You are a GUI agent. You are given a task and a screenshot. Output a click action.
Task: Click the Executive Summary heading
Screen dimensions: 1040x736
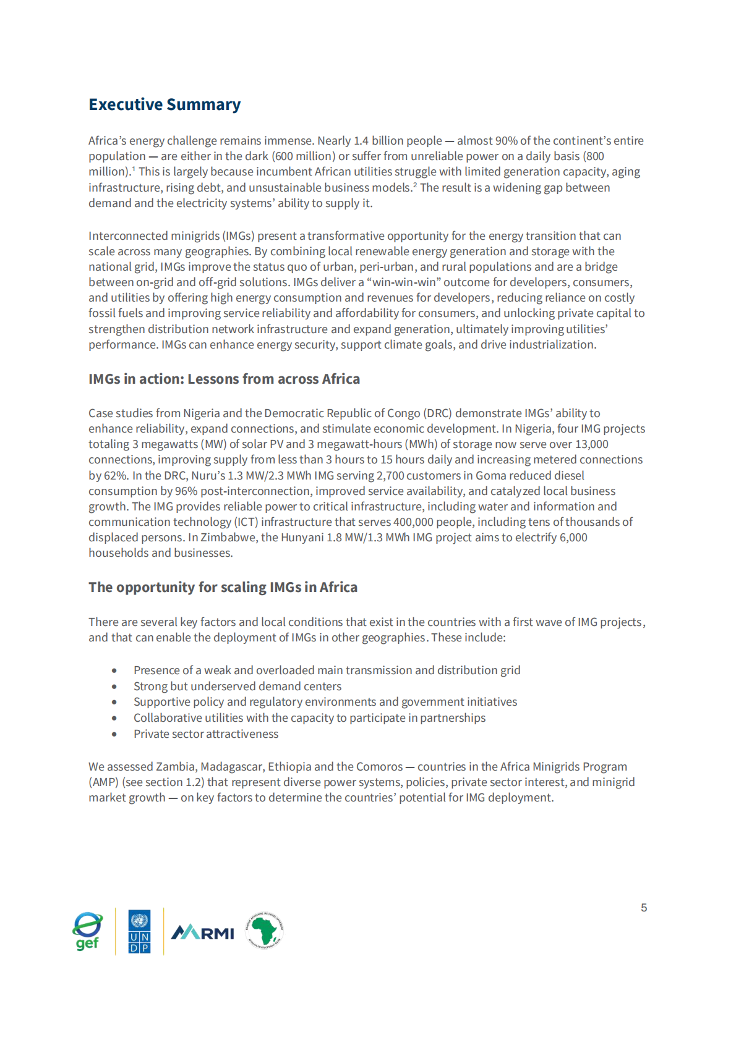(165, 104)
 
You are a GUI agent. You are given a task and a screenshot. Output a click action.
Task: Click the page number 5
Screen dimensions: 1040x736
(644, 908)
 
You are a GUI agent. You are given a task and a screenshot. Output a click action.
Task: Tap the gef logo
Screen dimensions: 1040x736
(88, 931)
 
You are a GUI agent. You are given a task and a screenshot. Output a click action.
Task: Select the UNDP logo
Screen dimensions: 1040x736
(140, 931)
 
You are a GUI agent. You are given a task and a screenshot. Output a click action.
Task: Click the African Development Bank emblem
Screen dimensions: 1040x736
(265, 930)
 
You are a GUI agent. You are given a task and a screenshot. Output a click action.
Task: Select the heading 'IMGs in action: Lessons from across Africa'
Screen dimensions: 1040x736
(224, 379)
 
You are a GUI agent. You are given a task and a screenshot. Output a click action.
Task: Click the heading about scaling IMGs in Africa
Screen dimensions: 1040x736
(223, 587)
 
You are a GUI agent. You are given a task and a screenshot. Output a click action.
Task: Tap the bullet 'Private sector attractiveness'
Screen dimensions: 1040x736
(206, 734)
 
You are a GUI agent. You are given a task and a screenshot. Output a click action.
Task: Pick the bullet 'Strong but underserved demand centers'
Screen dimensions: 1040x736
(237, 687)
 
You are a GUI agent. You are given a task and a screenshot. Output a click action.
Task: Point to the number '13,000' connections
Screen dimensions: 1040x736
(592, 444)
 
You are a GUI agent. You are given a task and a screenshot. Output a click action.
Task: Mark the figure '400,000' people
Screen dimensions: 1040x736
(413, 522)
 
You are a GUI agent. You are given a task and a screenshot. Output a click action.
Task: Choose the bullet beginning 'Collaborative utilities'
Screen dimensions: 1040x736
(309, 718)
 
